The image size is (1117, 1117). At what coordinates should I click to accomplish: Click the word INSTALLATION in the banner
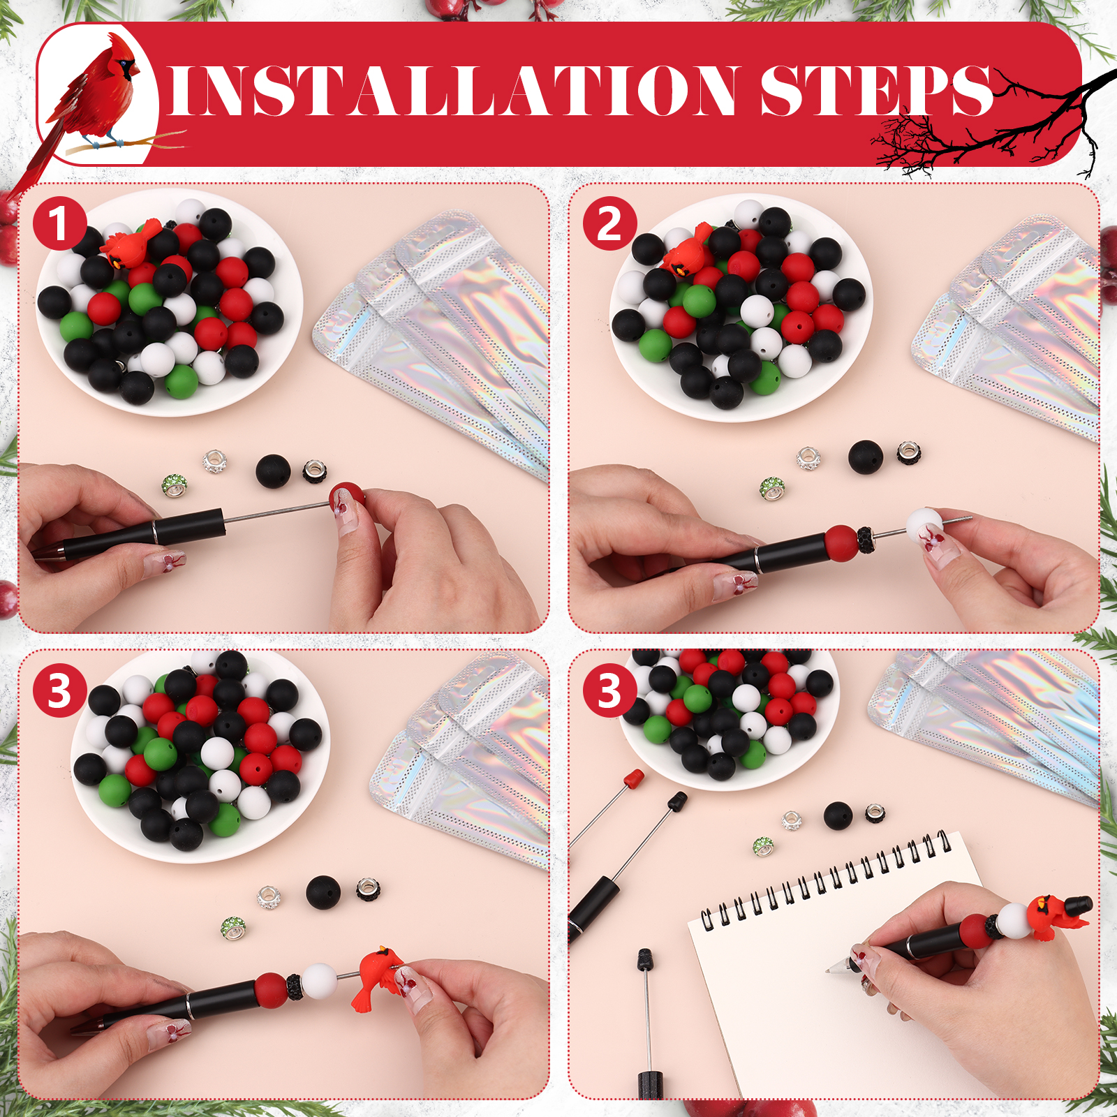click(452, 91)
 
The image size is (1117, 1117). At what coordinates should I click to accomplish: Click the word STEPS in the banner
click(876, 91)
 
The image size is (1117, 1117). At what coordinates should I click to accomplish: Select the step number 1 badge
click(59, 223)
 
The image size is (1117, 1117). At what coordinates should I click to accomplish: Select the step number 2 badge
click(609, 223)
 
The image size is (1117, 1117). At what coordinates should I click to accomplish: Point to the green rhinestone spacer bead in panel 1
click(175, 485)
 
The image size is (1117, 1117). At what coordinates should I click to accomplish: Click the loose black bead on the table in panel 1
click(273, 471)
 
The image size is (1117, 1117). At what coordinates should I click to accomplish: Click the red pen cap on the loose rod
click(633, 779)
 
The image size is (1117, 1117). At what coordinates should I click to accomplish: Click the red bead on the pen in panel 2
click(841, 543)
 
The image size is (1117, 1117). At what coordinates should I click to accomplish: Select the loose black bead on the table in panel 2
click(866, 457)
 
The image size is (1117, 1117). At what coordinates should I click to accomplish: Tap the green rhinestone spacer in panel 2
click(772, 489)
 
